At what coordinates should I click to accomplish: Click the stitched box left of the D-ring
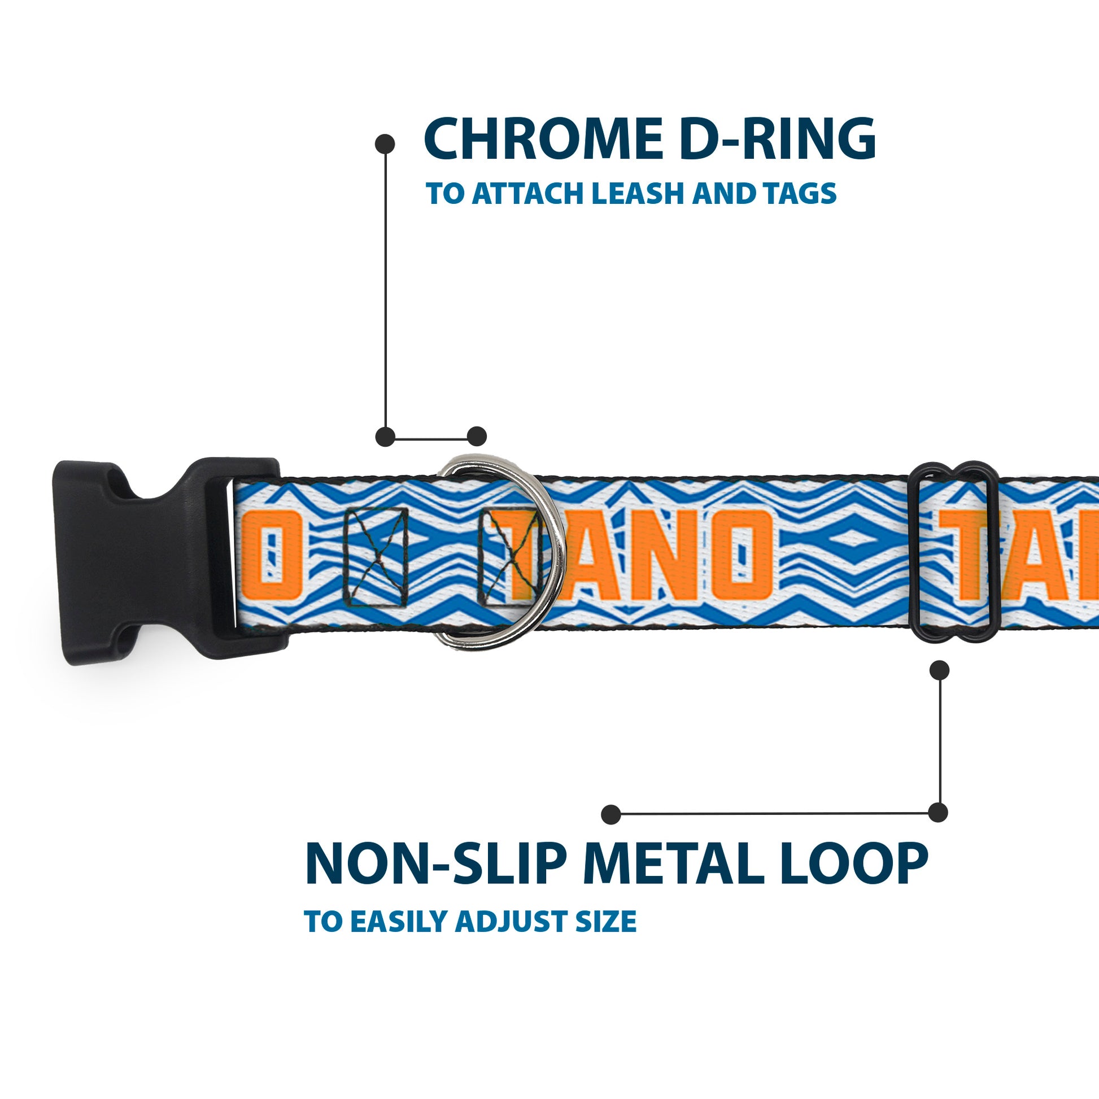tap(377, 556)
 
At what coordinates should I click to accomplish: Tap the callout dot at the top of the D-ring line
tap(385, 143)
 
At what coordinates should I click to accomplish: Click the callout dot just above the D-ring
tap(477, 437)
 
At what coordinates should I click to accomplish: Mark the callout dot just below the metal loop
tap(939, 670)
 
